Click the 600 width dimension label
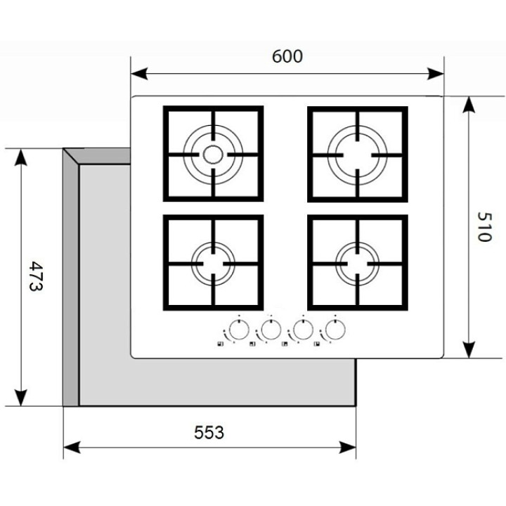point(287,56)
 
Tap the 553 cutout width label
point(209,433)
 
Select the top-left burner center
point(212,154)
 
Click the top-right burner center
point(357,154)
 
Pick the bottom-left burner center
point(212,263)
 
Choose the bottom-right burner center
point(357,263)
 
